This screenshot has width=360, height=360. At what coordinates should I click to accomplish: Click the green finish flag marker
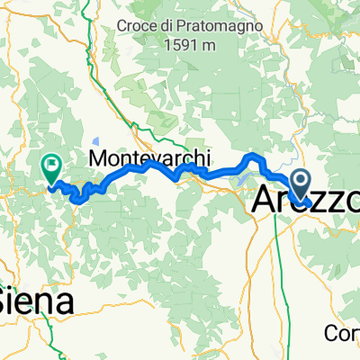point(51,166)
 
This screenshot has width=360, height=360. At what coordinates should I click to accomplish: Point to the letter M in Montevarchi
point(99,157)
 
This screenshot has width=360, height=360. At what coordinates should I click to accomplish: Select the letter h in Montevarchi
point(191,157)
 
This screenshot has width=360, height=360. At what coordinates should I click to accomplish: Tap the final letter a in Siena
point(64,300)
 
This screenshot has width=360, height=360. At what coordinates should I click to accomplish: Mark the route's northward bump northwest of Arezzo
point(255,157)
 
